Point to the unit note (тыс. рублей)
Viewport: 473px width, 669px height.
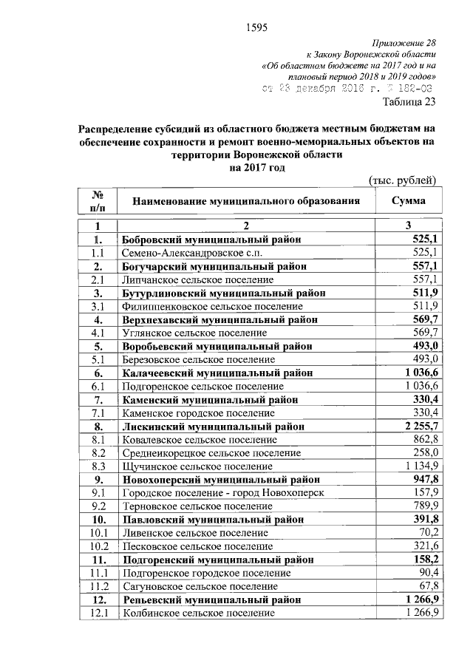[x=403, y=180]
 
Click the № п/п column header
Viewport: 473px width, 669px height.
[x=97, y=200]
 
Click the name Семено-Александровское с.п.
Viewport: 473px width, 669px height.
[x=188, y=253]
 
